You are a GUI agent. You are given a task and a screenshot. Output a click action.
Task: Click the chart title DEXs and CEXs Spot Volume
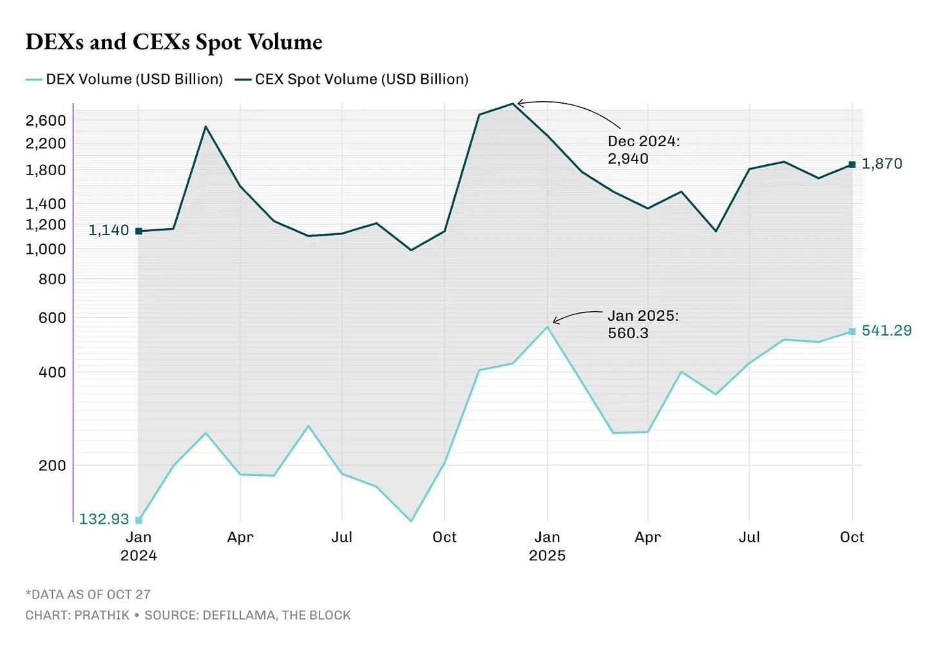[x=174, y=42]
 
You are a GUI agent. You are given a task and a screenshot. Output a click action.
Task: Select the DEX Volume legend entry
[x=124, y=79]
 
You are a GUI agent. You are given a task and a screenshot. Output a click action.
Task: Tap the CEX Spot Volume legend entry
[x=352, y=79]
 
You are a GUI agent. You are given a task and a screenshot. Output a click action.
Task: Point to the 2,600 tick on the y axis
[x=46, y=120]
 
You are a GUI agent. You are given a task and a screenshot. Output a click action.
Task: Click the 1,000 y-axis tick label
[x=46, y=249]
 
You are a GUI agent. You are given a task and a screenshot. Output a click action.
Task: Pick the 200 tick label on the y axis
[x=52, y=465]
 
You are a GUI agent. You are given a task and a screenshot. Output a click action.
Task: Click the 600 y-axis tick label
[x=52, y=318]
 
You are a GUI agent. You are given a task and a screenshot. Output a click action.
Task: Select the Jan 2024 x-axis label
[x=139, y=546]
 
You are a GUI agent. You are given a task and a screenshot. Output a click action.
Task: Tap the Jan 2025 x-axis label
[x=547, y=546]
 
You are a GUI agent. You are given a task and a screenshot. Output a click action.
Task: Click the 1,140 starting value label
[x=108, y=230]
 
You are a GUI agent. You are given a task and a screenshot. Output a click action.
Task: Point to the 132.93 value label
[x=104, y=519]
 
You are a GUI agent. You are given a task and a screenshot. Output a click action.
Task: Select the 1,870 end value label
[x=881, y=164]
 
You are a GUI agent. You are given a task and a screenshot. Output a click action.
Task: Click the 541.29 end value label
[x=886, y=330]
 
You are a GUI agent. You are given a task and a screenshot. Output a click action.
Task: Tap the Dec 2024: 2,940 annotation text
[x=643, y=150]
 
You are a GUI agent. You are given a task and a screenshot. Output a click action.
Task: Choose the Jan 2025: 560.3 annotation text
[x=643, y=324]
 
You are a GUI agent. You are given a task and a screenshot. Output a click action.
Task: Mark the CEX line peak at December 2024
[x=513, y=103]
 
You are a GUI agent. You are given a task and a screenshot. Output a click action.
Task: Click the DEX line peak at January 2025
[x=547, y=327]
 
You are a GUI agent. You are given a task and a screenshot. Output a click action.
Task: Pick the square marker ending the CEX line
[x=852, y=164]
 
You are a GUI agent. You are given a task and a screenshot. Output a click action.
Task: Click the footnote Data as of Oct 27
[x=88, y=595]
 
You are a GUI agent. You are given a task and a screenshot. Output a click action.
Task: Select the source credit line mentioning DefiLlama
[x=188, y=615]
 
